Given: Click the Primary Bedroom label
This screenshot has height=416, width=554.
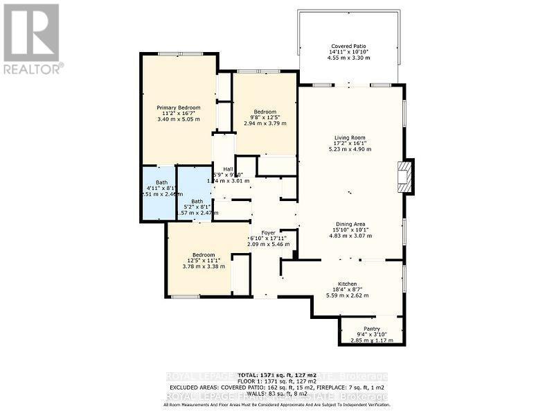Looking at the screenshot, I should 178,107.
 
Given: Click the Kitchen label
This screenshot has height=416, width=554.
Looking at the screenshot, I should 347,284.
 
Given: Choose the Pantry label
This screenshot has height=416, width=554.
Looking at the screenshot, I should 372,329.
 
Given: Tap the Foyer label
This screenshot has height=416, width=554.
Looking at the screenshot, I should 269,232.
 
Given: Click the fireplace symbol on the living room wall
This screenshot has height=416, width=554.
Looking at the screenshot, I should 404,176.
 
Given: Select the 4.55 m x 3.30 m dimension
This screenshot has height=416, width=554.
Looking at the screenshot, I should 349,58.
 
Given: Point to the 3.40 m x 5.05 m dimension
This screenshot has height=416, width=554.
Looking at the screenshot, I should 178,119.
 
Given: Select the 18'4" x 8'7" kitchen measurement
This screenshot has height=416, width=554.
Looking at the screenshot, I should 347,290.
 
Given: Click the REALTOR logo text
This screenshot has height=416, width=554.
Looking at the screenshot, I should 33,69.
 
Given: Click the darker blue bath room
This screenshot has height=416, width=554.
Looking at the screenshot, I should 158,193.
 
